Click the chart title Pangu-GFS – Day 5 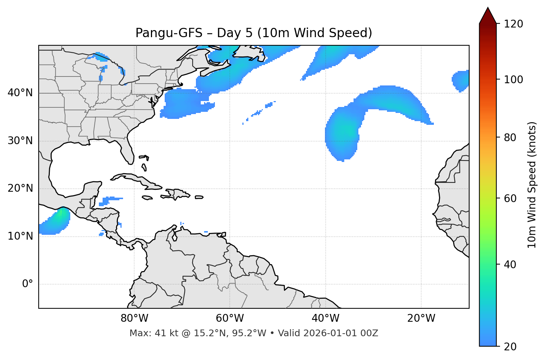tap(254, 33)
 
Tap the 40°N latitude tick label tap(20, 93)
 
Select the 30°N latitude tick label tap(20, 141)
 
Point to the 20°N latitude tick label tap(20, 188)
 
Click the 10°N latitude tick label tap(20, 236)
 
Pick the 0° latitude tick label tap(27, 284)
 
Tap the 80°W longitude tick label tap(134, 318)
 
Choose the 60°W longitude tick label tap(230, 318)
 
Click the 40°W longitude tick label tap(325, 318)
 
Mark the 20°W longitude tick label tap(421, 318)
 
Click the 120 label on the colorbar tap(513, 24)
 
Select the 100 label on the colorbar tap(513, 80)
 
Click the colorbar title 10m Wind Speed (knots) tap(532, 185)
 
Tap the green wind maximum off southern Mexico tap(59, 216)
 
